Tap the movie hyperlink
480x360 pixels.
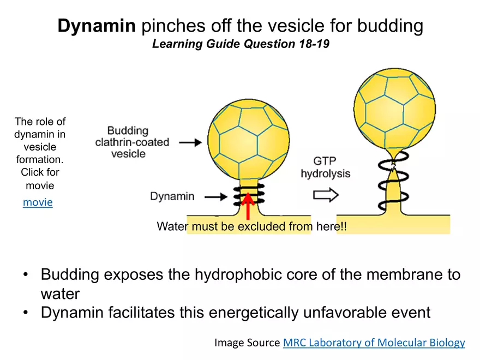(38, 202)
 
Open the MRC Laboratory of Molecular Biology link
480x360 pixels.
(374, 343)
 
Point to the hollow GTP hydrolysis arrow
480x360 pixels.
(326, 195)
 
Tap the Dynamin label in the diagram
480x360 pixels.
(172, 196)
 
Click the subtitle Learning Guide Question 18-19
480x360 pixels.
(241, 44)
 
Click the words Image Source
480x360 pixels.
(247, 343)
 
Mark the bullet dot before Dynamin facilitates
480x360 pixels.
(26, 313)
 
